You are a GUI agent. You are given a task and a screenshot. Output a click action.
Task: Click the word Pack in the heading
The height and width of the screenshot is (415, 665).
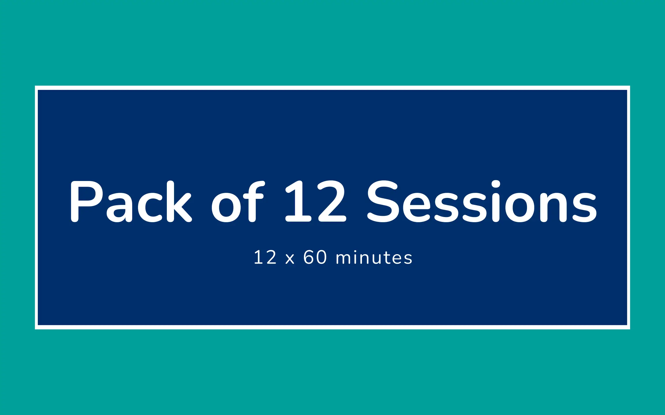coord(131,201)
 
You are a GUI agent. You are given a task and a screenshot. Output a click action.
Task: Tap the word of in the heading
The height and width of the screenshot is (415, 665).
coord(238,201)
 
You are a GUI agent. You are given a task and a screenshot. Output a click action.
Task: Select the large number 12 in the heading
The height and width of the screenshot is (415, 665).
coord(315,201)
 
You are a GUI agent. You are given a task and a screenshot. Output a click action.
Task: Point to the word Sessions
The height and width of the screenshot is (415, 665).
coord(482,201)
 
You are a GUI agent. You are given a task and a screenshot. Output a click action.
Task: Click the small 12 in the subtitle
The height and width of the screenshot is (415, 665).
coord(265,257)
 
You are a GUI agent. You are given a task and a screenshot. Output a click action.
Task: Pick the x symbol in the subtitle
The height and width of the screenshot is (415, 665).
coord(290,259)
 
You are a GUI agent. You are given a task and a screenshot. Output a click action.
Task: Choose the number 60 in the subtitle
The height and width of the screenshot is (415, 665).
coord(315,257)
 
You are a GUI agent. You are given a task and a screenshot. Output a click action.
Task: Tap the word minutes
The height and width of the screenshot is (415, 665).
coord(374,257)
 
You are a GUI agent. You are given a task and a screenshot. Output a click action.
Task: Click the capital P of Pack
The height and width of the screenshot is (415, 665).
coord(87,201)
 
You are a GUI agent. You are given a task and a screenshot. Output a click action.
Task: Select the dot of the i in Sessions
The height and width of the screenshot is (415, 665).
coord(496,184)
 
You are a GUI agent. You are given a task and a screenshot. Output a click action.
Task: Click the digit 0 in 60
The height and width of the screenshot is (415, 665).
coord(322,257)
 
